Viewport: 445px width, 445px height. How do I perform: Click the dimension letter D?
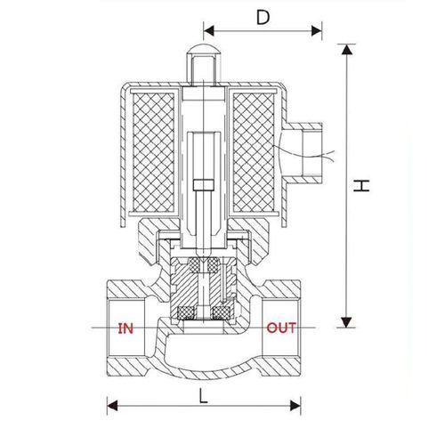pyautogui.click(x=263, y=16)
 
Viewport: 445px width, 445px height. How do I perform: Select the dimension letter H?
pyautogui.click(x=360, y=186)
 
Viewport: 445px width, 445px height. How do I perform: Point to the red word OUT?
pyautogui.click(x=282, y=328)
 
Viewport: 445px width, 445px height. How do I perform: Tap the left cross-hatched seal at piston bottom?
pyautogui.click(x=188, y=311)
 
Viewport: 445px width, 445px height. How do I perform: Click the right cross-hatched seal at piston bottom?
pyautogui.click(x=222, y=311)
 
